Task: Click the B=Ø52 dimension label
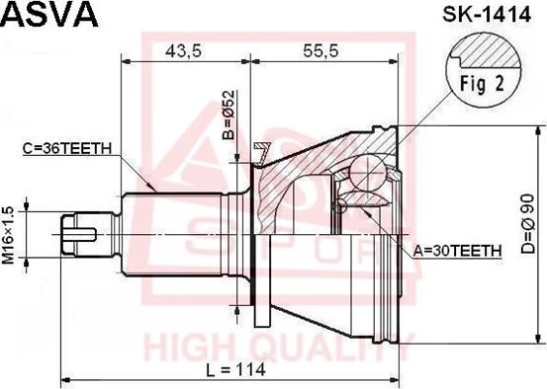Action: coord(228,116)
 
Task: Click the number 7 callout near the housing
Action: coord(262,153)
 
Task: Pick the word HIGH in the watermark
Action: coord(187,348)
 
